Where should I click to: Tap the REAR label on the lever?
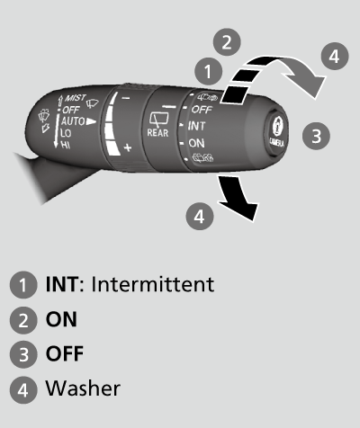click(157, 131)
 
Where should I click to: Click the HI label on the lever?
click(66, 144)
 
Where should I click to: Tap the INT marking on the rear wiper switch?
click(197, 127)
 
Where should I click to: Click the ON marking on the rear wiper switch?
click(197, 143)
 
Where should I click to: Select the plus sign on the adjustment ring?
click(128, 146)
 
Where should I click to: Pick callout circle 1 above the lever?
click(208, 69)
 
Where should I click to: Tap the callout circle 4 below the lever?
click(201, 215)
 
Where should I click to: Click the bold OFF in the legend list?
click(65, 354)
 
